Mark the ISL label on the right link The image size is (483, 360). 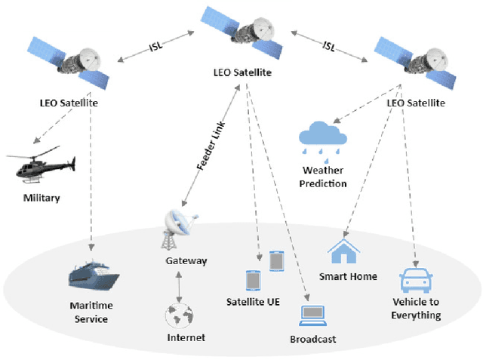329,47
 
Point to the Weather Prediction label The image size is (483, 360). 323,177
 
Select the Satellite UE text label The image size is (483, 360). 253,303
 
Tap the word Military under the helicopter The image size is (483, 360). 41,198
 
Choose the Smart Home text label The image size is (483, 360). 348,276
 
